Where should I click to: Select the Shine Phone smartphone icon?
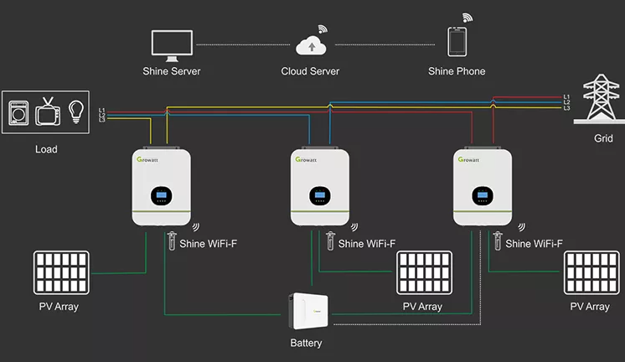pos(457,42)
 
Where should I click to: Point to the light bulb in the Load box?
pos(76,111)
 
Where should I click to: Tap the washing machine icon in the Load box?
pos(18,113)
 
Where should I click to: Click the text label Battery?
pos(306,343)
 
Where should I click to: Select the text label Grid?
pos(603,137)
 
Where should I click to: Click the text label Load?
pos(47,149)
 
